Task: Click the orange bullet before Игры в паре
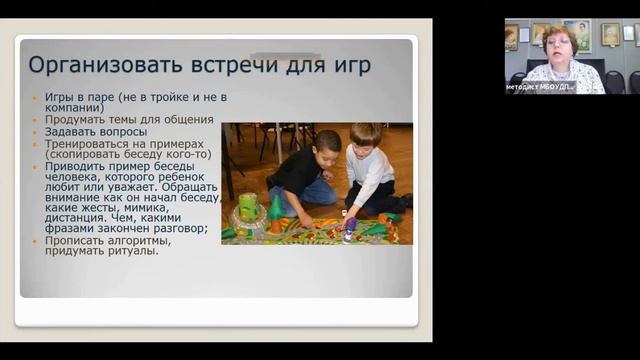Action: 37,96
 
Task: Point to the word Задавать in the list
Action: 69,131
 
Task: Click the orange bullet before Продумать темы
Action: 37,119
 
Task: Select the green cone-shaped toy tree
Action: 275,209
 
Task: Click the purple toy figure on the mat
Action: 349,225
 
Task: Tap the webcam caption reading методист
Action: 525,87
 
